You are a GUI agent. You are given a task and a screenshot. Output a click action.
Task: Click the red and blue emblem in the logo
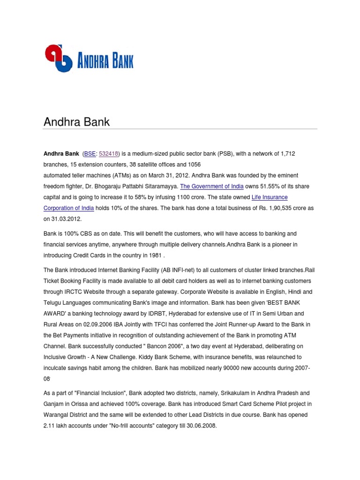59,58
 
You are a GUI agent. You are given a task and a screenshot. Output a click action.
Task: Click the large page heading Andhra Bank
76,122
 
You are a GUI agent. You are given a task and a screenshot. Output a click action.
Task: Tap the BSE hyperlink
90,153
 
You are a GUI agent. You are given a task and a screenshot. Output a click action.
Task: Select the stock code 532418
109,153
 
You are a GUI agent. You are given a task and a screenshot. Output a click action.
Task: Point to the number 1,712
286,153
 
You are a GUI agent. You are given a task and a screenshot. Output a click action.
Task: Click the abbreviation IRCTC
73,292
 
